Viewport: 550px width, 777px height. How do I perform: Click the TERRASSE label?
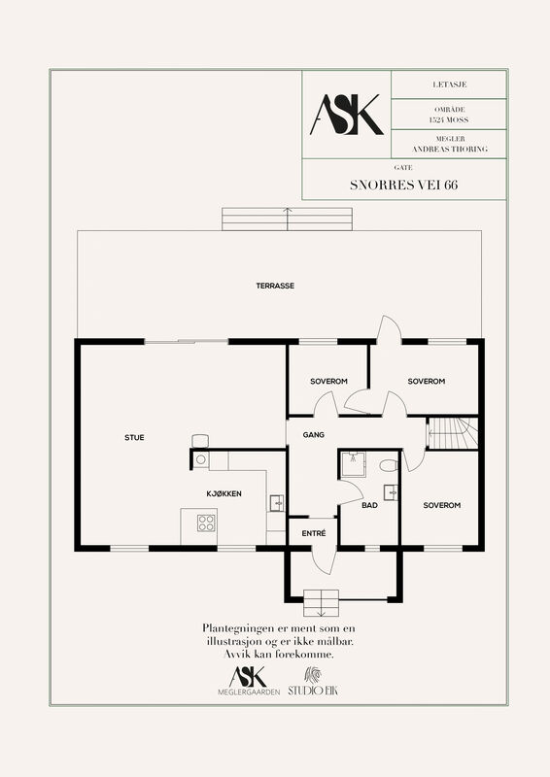pos(275,286)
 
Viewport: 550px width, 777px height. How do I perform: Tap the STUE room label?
pos(134,438)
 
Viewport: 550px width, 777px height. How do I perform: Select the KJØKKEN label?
pos(224,493)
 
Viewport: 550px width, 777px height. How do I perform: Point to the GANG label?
pos(314,435)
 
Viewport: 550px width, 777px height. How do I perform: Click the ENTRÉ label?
pos(314,533)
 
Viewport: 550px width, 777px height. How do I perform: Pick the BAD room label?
pos(369,505)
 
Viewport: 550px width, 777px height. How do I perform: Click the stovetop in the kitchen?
pos(206,523)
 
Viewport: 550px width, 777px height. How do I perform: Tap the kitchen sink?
pos(277,503)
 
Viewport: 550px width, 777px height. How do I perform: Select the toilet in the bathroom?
pos(390,465)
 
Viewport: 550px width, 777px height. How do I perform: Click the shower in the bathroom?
pos(353,464)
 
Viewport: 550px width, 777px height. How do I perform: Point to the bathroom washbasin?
pos(392,493)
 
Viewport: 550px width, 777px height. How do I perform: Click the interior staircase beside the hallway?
pos(452,433)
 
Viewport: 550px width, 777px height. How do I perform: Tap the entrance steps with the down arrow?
pos(321,602)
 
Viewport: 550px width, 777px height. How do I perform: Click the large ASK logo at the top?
pos(347,115)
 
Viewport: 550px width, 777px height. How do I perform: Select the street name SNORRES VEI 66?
pos(403,185)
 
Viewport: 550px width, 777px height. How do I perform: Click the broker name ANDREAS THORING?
pos(450,149)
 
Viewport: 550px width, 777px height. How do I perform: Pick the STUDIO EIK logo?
pos(313,682)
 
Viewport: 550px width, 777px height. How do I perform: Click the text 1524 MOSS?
pos(449,119)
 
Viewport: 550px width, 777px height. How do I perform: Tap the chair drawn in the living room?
pos(200,441)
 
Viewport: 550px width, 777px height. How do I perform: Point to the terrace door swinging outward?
pos(389,329)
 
